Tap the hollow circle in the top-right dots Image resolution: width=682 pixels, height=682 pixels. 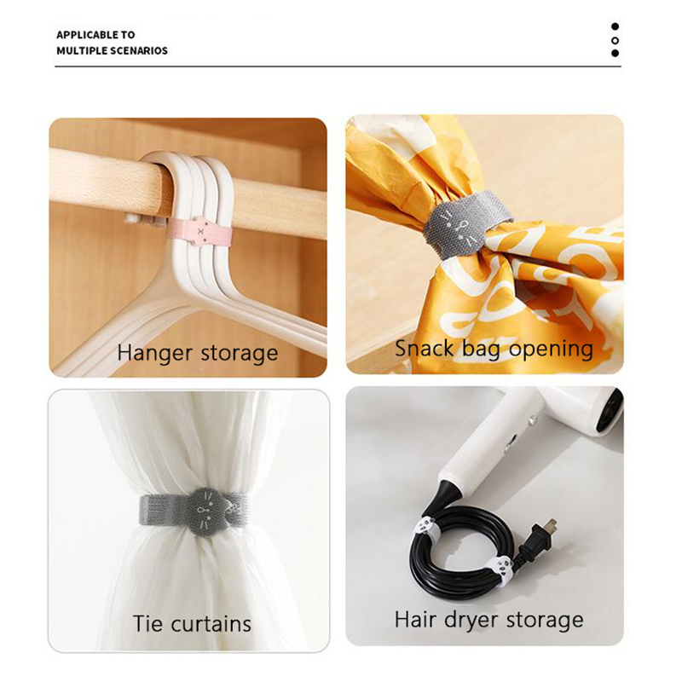point(615,40)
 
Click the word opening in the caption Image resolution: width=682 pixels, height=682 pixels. point(551,350)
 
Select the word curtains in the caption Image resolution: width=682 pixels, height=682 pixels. point(211,624)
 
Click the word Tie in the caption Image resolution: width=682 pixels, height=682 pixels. point(148,624)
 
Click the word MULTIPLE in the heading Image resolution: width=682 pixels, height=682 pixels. point(82,50)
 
